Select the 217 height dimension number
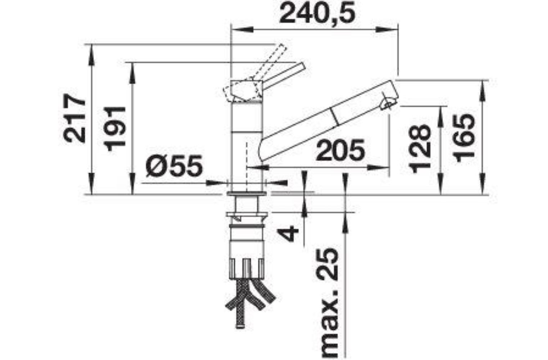point(75,118)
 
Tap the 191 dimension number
point(114,129)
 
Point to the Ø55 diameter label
point(174,166)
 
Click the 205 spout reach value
point(340,150)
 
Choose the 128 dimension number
point(420,149)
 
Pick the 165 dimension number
point(464,138)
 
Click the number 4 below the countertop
point(289,234)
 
